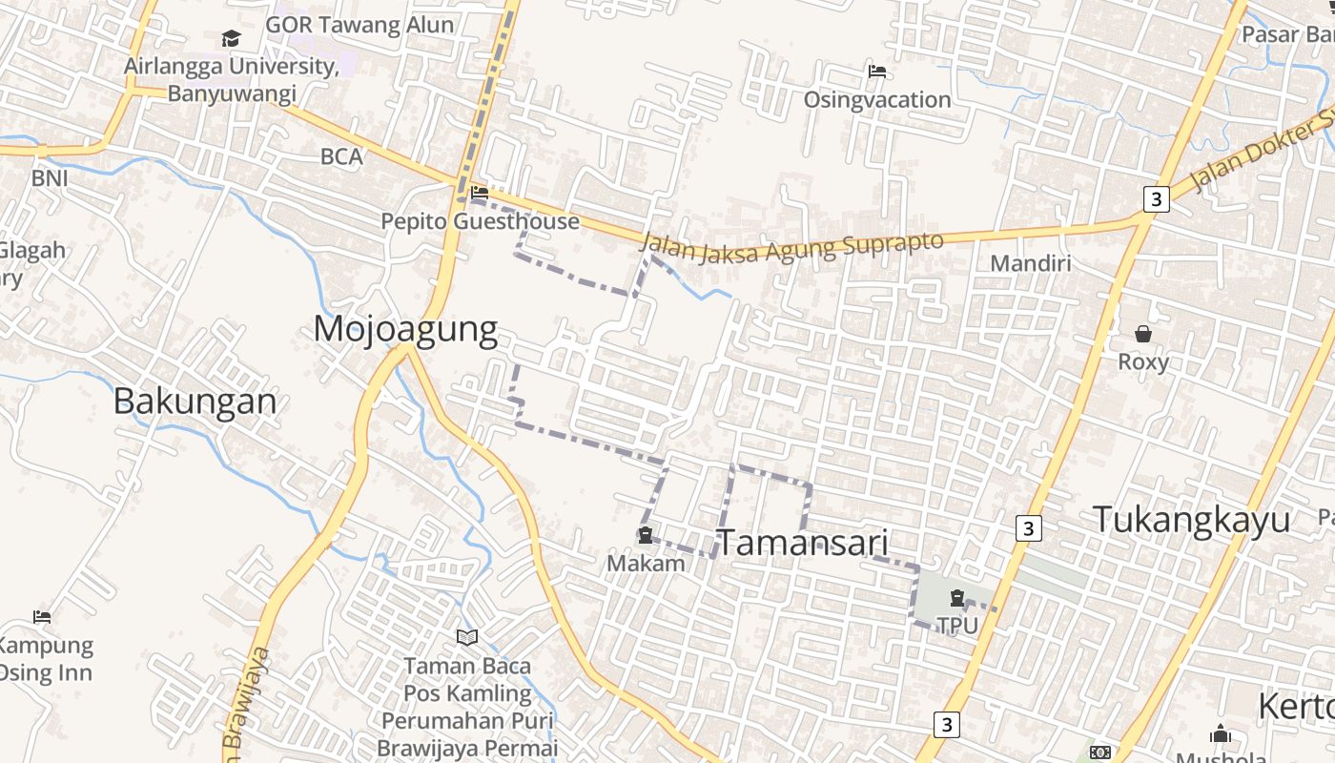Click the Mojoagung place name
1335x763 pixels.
pyautogui.click(x=405, y=329)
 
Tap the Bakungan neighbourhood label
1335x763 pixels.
pyautogui.click(x=195, y=402)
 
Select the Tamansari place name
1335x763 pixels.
pyautogui.click(x=802, y=543)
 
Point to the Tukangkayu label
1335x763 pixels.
pyautogui.click(x=1191, y=521)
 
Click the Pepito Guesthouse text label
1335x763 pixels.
pyautogui.click(x=480, y=221)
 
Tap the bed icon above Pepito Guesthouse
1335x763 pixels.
pyautogui.click(x=480, y=194)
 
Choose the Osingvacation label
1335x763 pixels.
pyautogui.click(x=876, y=99)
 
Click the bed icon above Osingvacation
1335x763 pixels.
pyautogui.click(x=876, y=72)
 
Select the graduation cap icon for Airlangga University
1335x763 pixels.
pyautogui.click(x=231, y=39)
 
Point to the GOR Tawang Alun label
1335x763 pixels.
pyautogui.click(x=359, y=25)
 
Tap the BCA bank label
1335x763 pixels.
pyautogui.click(x=341, y=156)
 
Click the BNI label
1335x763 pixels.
pyautogui.click(x=50, y=178)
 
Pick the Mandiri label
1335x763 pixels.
pyautogui.click(x=1031, y=263)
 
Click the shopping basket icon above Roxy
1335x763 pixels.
pyautogui.click(x=1142, y=334)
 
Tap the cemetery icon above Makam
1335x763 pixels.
pyautogui.click(x=646, y=536)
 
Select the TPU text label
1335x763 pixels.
pyautogui.click(x=957, y=626)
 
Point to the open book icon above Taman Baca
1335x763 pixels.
pyautogui.click(x=467, y=637)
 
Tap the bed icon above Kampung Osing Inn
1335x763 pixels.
pyautogui.click(x=42, y=617)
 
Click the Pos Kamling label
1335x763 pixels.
pyautogui.click(x=467, y=693)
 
